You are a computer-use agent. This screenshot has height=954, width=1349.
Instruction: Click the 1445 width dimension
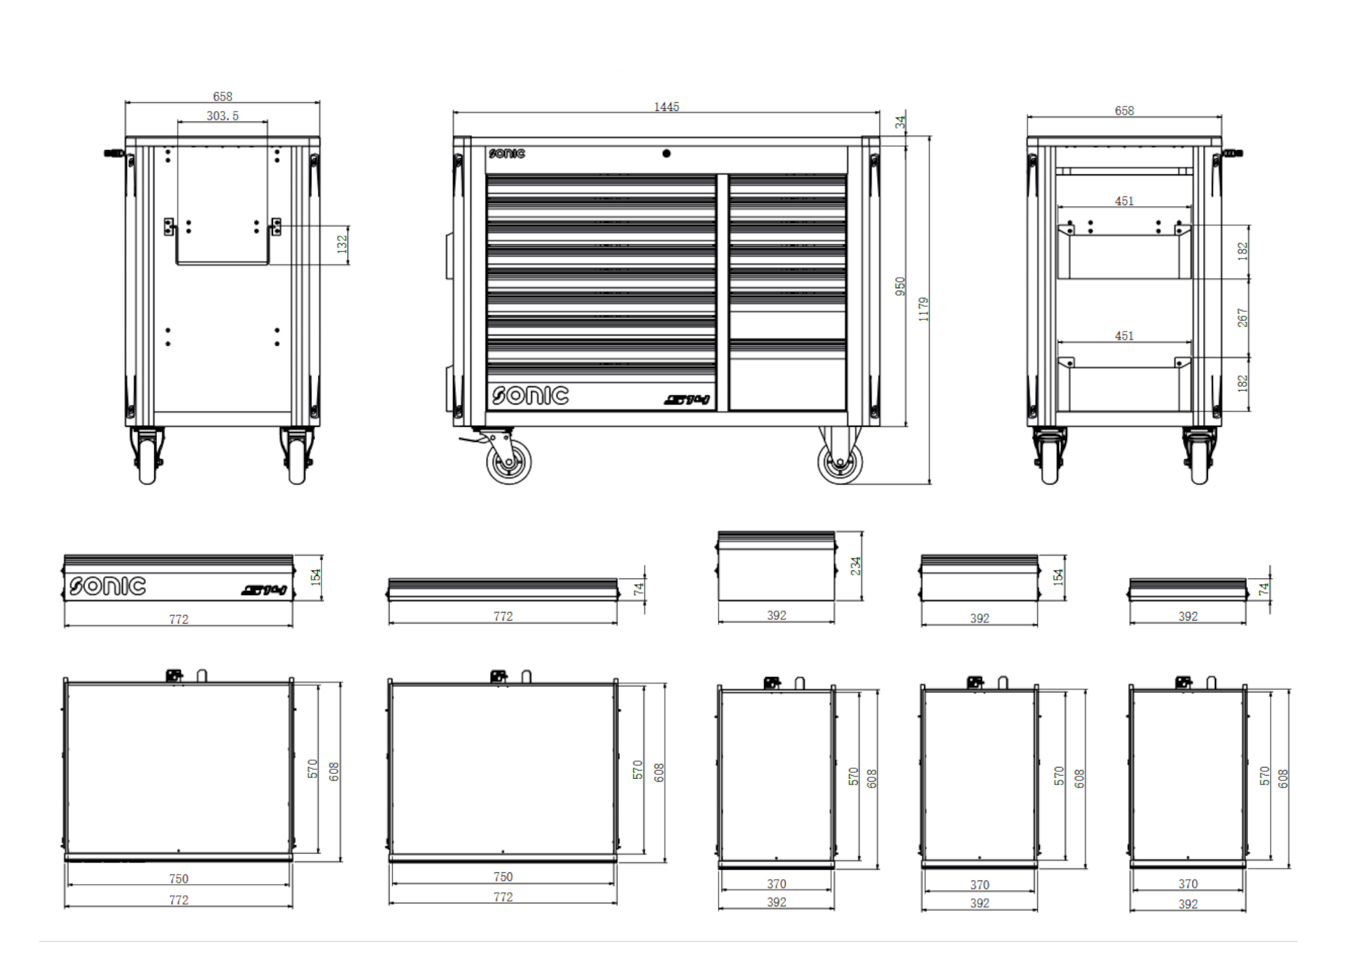coord(666,107)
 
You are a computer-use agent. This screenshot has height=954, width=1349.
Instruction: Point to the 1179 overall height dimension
coord(924,309)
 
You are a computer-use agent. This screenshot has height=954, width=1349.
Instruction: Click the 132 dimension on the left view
coord(342,244)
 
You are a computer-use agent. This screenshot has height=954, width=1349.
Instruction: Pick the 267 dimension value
coord(1242,317)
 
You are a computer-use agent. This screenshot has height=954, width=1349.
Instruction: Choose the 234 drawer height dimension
coord(856,565)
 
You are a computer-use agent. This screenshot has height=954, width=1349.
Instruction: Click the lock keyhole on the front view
coord(666,153)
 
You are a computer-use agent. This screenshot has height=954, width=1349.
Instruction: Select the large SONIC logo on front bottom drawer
coord(530,395)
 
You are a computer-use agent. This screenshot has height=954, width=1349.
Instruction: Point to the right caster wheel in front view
coord(840,463)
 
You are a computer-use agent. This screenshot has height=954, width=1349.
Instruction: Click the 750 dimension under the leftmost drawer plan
coord(178,879)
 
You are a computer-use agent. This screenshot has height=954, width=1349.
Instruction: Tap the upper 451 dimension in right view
coord(1124,201)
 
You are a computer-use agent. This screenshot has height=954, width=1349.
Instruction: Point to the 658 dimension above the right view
coord(1124,110)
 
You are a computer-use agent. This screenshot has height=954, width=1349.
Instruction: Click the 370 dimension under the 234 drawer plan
coord(776,884)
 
